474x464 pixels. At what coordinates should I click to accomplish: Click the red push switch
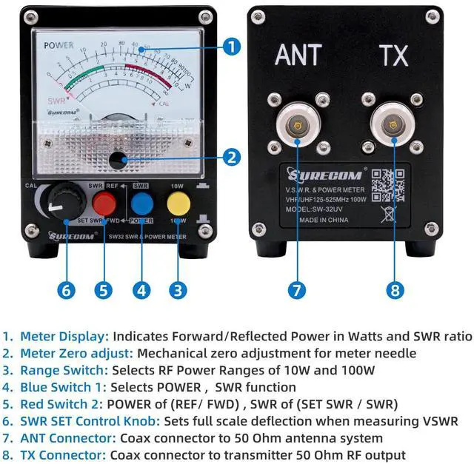[x=104, y=201]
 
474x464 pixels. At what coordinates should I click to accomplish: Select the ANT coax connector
[x=297, y=125]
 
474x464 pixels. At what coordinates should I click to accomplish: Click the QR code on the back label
[x=388, y=186]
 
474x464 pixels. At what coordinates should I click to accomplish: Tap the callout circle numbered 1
[x=233, y=47]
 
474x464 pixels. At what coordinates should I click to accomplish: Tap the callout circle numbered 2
[x=233, y=157]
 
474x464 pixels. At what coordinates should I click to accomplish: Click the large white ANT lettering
[x=298, y=56]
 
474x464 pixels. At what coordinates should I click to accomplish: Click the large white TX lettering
[x=393, y=56]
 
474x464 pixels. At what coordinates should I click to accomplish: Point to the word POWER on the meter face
[x=59, y=45]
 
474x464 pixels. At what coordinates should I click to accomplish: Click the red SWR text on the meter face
[x=56, y=99]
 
